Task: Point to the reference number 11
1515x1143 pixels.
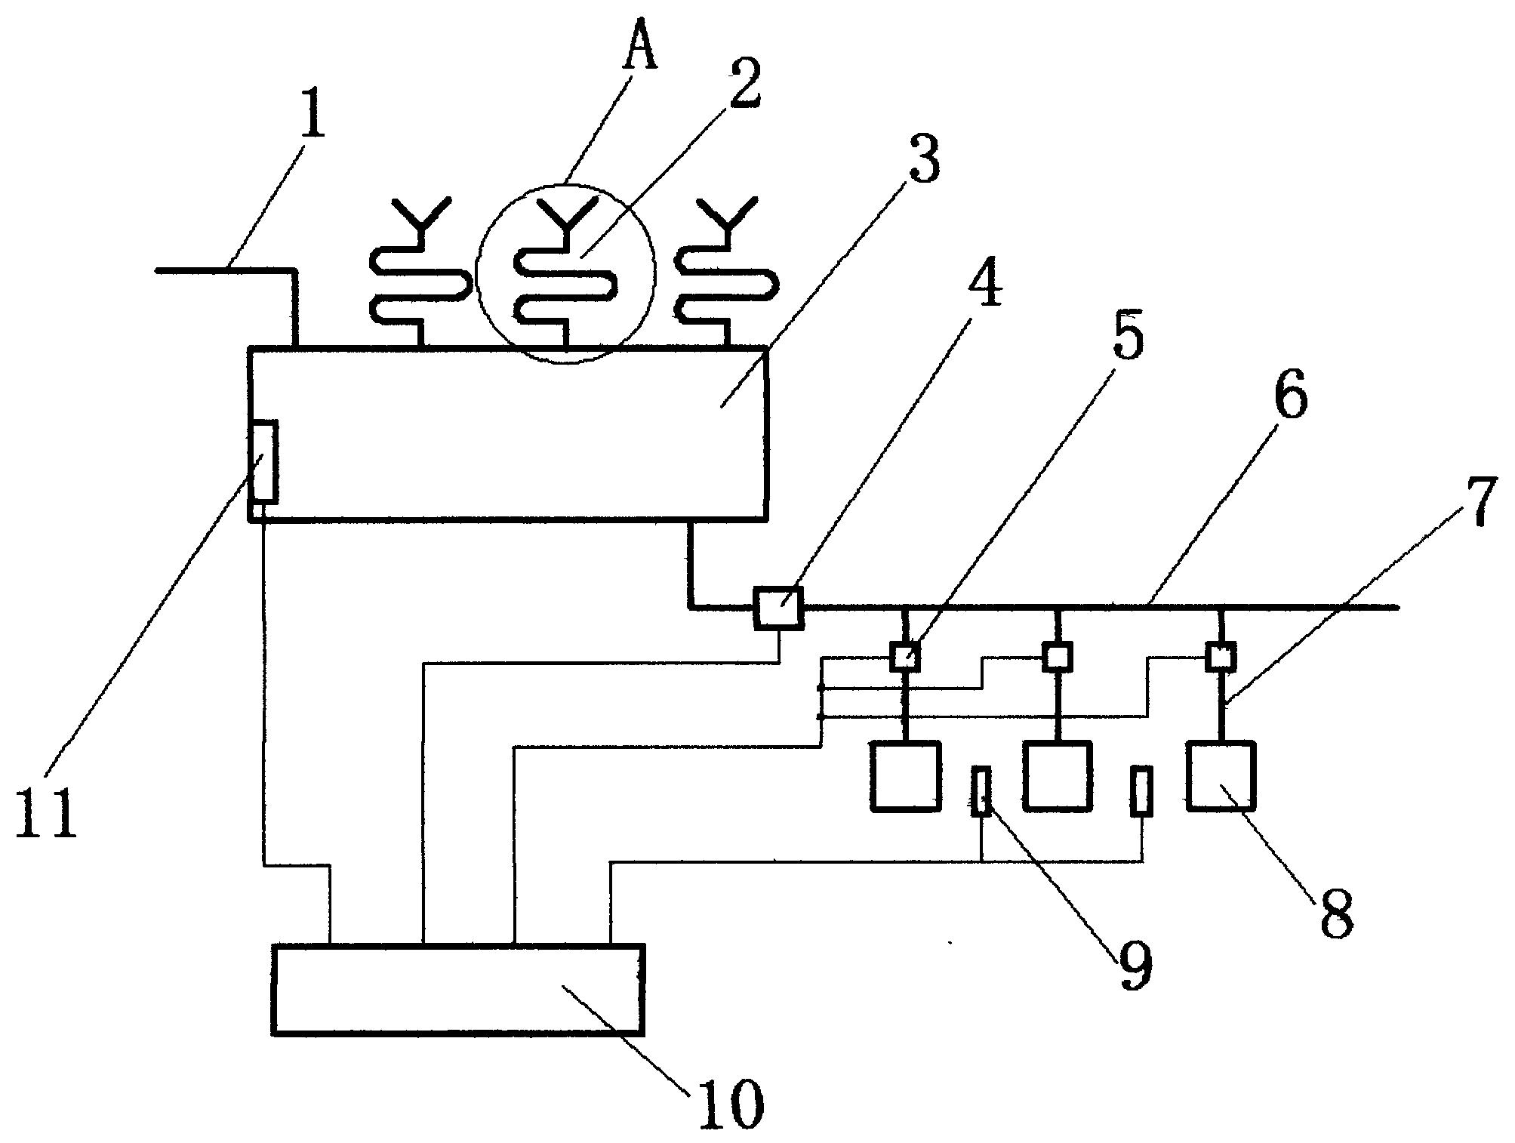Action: click(x=47, y=811)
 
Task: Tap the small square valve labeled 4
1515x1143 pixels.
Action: click(x=778, y=606)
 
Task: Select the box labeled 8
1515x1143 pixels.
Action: click(x=1221, y=776)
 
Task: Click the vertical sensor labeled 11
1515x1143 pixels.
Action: click(x=264, y=461)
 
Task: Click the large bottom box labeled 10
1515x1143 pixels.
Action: click(x=459, y=989)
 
